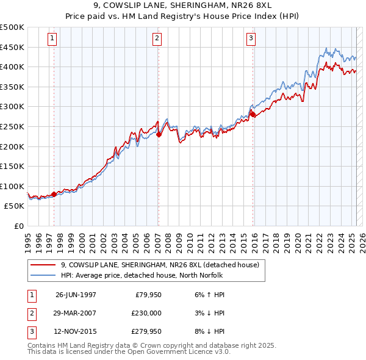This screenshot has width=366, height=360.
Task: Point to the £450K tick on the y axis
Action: click(x=12, y=47)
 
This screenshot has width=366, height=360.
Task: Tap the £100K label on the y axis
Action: click(x=12, y=186)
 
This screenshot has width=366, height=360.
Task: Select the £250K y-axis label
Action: click(x=12, y=126)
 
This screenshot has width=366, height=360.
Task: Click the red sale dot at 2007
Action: click(x=159, y=135)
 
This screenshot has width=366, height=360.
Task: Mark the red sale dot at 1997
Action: click(x=54, y=195)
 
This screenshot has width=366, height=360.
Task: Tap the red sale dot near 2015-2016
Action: click(x=252, y=115)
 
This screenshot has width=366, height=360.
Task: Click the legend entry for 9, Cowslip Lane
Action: click(x=160, y=265)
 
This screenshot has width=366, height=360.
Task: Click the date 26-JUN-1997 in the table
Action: click(x=76, y=294)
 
